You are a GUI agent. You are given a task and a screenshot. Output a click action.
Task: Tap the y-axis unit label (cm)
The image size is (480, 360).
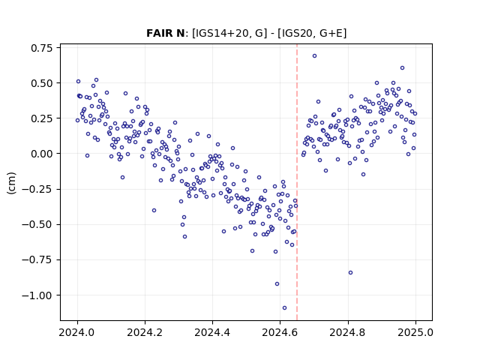(11, 183)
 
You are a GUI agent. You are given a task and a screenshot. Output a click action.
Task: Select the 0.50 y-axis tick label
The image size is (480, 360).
(42, 83)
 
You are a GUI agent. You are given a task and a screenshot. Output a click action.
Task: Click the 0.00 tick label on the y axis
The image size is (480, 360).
(42, 154)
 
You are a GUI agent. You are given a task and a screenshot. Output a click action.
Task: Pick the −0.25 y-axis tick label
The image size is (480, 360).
(37, 189)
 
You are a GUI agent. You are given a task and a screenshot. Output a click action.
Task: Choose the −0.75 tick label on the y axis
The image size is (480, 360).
(37, 260)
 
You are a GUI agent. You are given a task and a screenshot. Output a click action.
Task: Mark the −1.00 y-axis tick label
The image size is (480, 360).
(37, 295)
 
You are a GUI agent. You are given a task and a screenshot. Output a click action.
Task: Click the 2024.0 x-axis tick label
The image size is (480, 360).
(77, 332)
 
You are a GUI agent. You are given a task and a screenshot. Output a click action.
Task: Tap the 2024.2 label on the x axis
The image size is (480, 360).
(145, 332)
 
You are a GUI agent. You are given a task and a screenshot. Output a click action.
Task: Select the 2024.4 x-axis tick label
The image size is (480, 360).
(212, 332)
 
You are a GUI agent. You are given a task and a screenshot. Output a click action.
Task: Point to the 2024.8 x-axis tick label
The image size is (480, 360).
(348, 332)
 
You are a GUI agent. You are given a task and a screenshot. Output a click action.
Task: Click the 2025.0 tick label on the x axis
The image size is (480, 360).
(415, 332)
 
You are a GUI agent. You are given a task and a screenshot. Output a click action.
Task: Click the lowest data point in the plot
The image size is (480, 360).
(284, 308)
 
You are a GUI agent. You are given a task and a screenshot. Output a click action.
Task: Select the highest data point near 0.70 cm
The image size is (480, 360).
(314, 56)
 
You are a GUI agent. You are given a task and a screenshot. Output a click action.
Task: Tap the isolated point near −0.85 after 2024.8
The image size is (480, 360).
(350, 273)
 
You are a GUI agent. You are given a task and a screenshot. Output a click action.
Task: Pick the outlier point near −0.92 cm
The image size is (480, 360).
(277, 284)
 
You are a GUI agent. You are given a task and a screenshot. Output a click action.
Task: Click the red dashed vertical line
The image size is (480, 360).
(297, 182)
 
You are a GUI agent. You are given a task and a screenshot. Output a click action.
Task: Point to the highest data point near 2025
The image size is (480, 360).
(402, 68)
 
